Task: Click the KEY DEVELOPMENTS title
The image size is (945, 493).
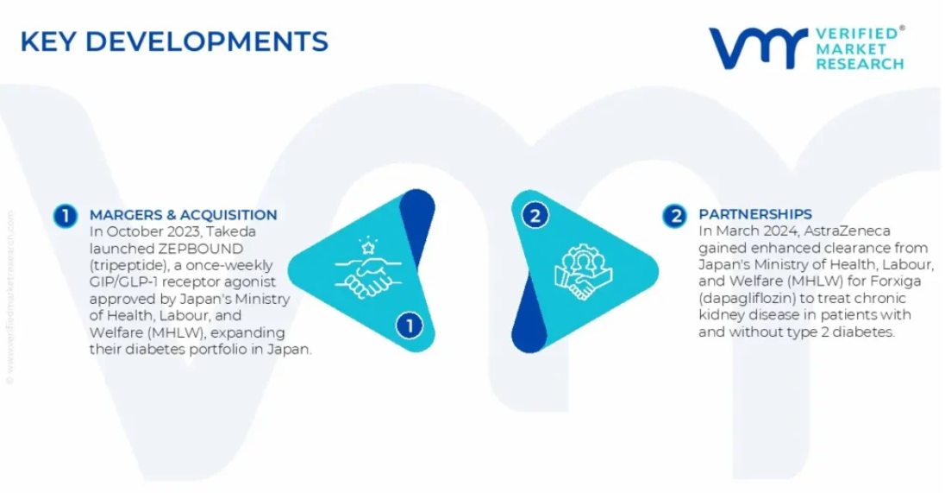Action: [x=174, y=41]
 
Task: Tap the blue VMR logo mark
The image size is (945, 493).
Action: [x=758, y=47]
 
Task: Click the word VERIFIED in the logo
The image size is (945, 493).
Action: [x=857, y=34]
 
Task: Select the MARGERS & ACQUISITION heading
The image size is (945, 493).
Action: [x=183, y=215]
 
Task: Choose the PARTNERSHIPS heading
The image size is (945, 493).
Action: [x=755, y=214]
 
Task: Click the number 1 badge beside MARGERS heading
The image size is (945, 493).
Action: [x=65, y=216]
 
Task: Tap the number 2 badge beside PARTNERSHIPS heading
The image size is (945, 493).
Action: [x=674, y=216]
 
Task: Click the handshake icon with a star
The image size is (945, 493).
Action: [x=368, y=268]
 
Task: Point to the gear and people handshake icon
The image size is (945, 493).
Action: [x=582, y=271]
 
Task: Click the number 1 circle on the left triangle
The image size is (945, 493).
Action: [x=410, y=326]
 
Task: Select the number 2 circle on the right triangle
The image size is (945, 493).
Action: [x=535, y=216]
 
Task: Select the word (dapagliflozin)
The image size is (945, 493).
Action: [x=744, y=299]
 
